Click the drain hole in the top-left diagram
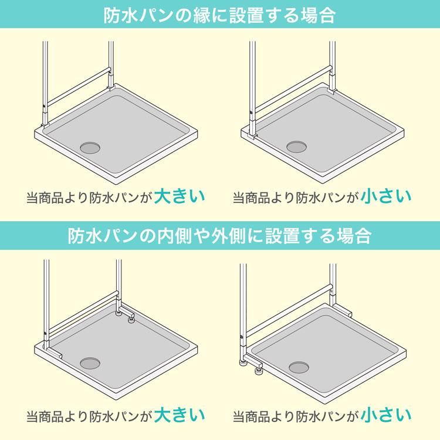90,148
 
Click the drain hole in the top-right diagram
297,147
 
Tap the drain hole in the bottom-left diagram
90,363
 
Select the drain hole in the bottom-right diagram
299,367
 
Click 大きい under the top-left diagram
180,196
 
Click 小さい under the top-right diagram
386,196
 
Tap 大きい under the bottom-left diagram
180,415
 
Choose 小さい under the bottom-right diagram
386,415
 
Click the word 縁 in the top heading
201,15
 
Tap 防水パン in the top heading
138,15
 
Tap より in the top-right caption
283,198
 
